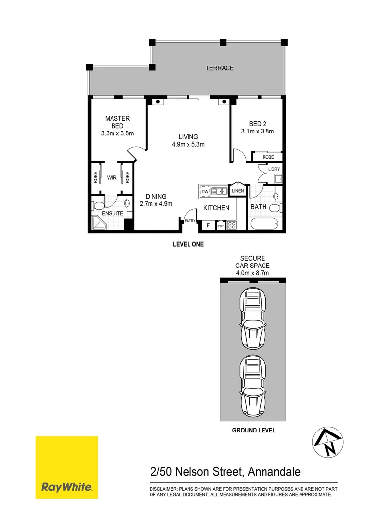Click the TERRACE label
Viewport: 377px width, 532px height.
[220, 68]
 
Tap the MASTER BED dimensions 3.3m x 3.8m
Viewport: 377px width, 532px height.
[117, 133]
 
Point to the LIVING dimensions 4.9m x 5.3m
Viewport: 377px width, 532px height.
[188, 145]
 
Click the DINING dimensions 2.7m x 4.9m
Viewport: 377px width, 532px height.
[155, 204]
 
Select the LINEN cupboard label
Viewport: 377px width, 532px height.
[238, 190]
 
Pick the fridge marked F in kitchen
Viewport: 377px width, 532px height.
[208, 226]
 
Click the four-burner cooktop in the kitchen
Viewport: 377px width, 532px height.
[231, 226]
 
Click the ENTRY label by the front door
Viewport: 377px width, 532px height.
[190, 221]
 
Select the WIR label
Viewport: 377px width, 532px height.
[112, 178]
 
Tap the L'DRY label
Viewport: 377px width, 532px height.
[274, 169]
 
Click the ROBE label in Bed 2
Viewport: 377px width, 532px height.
[268, 157]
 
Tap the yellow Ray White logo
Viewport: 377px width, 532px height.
[67, 467]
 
